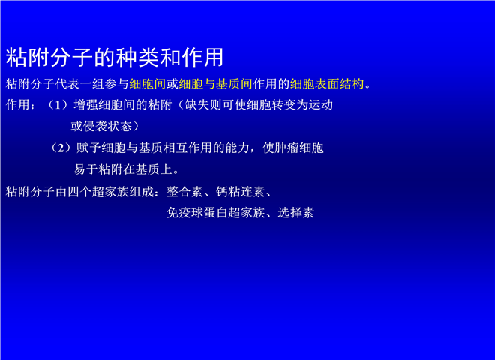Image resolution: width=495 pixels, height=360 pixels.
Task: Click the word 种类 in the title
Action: [138, 58]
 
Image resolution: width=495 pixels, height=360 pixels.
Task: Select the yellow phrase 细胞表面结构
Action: [327, 84]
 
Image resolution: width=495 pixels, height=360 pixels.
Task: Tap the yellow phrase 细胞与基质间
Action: [215, 84]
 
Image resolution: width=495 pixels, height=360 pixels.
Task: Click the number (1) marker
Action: [58, 104]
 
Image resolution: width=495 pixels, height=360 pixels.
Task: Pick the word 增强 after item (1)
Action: [85, 104]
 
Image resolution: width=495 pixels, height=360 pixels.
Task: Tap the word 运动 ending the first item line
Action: [321, 104]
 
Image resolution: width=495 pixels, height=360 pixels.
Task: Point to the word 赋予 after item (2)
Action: [88, 148]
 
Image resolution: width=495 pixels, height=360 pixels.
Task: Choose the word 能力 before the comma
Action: [237, 148]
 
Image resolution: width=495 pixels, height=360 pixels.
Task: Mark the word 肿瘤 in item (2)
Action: [287, 148]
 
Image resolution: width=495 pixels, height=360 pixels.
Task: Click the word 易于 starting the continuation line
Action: [86, 169]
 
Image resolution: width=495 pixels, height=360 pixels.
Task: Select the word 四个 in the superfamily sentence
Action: [79, 192]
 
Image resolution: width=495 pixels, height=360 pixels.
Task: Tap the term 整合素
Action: [185, 192]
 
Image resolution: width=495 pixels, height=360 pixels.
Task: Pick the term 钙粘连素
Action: [241, 192]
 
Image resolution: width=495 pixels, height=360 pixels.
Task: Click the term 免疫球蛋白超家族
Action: [216, 213]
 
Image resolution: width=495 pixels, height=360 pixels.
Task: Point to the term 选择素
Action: [296, 213]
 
